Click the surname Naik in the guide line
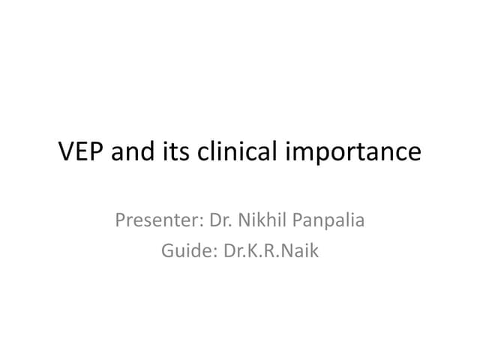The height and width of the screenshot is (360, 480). pos(299,250)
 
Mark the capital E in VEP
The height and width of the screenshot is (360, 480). pos(82,152)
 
